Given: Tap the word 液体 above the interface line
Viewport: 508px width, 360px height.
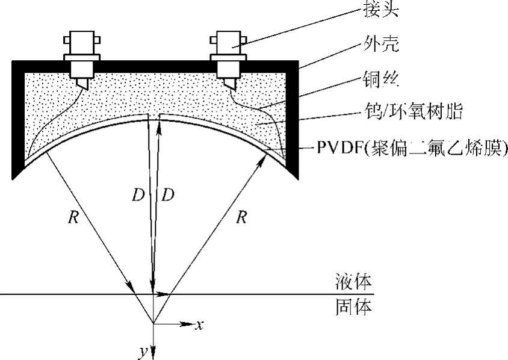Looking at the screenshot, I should (353, 282).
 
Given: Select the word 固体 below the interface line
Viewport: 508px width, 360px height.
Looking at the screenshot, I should (353, 308).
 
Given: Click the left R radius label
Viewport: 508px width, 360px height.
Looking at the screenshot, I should (73, 217).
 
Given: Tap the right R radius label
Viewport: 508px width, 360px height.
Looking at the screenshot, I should (241, 217).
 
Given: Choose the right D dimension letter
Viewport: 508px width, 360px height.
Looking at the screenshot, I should (169, 195).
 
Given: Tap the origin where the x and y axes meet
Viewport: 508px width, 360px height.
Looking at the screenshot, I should (154, 324).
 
